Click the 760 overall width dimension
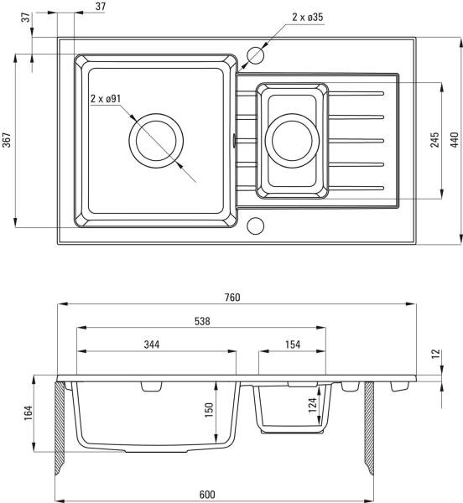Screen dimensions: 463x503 coord(232,298)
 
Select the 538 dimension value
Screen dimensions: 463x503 coord(202,321)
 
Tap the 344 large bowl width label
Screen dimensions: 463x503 coord(152,345)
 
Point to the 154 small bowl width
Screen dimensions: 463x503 coord(293,345)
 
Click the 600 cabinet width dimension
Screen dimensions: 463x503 coord(207,495)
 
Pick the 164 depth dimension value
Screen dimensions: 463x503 coord(29,413)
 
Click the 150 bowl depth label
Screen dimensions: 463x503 coord(209,410)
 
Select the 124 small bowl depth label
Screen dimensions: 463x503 coord(312,405)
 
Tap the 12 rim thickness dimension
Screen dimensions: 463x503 coord(436,354)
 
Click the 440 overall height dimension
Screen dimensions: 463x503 coord(455,140)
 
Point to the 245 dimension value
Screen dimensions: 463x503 coord(435,140)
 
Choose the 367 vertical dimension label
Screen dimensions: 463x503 coord(7,140)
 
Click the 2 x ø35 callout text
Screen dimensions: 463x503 coord(307,17)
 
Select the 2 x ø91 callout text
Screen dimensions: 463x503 coord(106,98)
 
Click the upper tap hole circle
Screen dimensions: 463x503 coord(255,54)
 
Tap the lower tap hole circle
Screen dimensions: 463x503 coord(255,226)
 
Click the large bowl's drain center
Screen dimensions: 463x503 coord(156,141)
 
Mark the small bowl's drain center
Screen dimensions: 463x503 coord(292,141)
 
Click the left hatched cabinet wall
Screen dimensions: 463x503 coord(60,428)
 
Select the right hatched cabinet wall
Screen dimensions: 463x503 coord(369,428)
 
